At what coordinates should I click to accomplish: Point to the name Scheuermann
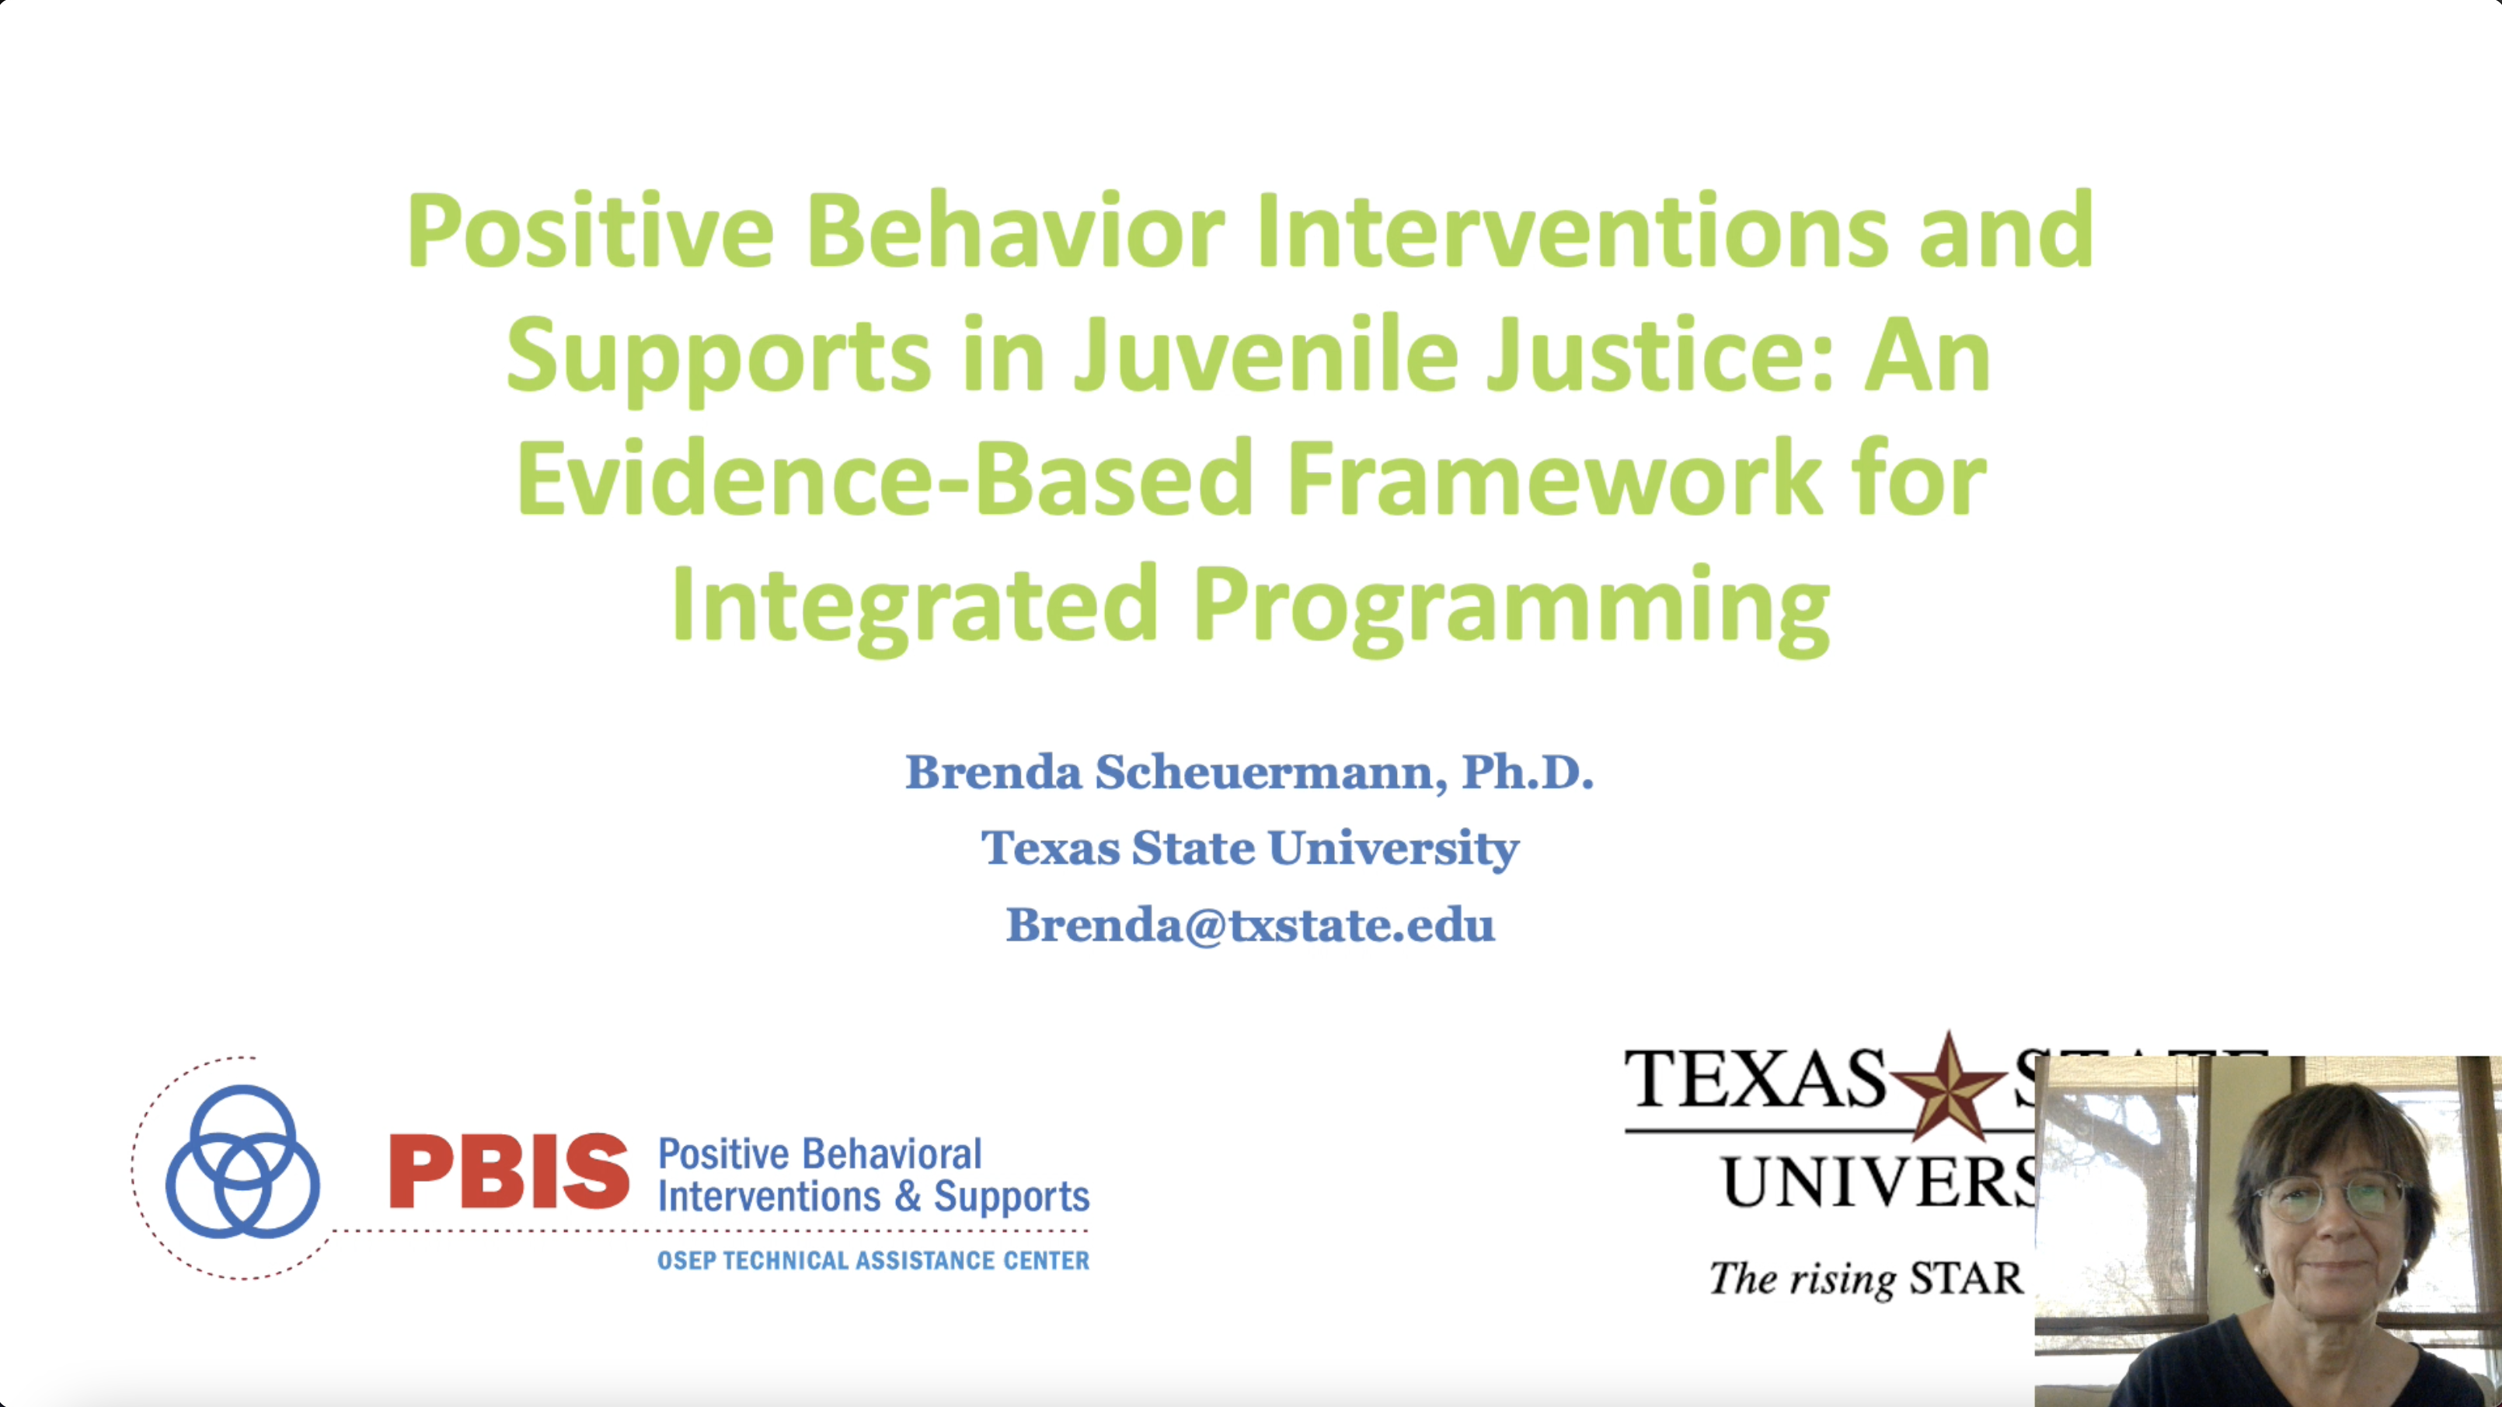coord(1263,773)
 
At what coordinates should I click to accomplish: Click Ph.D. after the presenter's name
coord(1527,773)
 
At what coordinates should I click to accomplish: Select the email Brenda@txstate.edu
coord(1250,924)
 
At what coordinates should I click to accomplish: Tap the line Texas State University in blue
coord(1250,848)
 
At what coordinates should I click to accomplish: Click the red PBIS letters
coord(509,1173)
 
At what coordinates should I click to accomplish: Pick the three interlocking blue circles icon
coord(242,1162)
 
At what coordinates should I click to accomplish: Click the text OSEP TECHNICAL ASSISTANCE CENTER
coord(872,1261)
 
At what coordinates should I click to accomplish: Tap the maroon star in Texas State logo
coord(1947,1087)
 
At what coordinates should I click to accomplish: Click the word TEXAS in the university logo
coord(1755,1080)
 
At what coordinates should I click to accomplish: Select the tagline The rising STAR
coord(1865,1279)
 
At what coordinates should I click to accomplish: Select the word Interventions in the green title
coord(1570,232)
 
